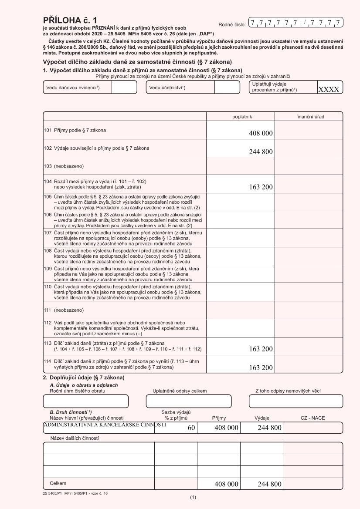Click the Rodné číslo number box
[x=295, y=22]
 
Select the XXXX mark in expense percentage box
[x=330, y=89]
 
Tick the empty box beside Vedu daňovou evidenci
[x=121, y=88]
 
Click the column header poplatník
[x=240, y=117]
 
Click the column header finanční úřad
[x=309, y=117]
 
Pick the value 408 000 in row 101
[x=261, y=133]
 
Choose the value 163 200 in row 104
[x=261, y=187]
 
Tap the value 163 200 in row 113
[x=261, y=348]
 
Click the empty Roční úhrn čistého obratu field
[x=86, y=401]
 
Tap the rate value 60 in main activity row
[x=191, y=428]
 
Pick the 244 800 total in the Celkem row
[x=269, y=484]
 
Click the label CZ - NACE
[x=312, y=418]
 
